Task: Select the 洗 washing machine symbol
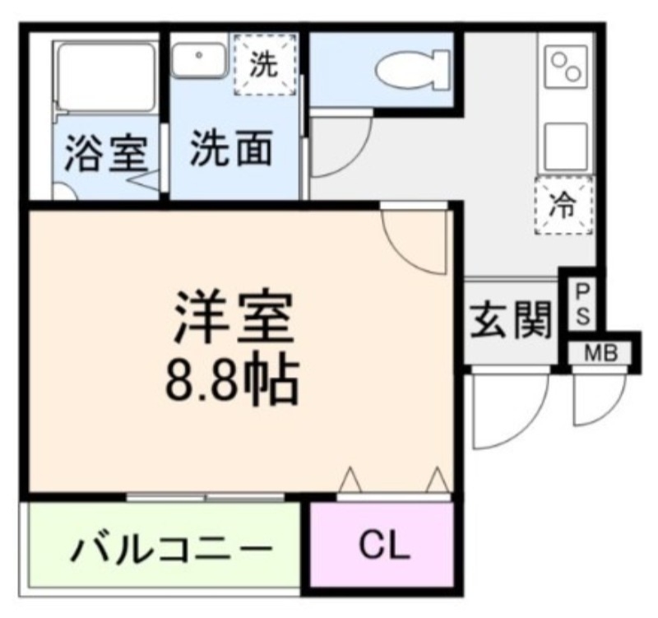click(263, 65)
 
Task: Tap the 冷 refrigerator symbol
click(563, 206)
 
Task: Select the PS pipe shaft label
click(581, 304)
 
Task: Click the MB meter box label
click(602, 354)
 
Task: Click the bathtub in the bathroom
click(106, 79)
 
